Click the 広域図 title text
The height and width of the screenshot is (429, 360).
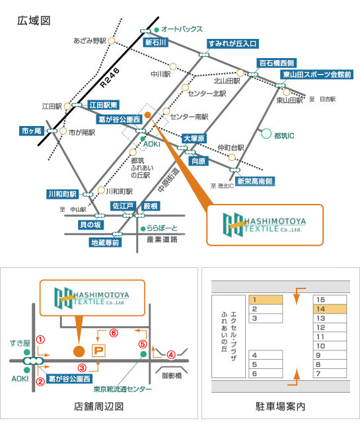(x=34, y=21)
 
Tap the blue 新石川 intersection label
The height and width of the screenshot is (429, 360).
(x=155, y=42)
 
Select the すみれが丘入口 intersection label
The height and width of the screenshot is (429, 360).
(x=233, y=44)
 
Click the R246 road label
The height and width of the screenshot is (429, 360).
(x=110, y=78)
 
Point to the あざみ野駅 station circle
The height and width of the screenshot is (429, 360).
(x=111, y=41)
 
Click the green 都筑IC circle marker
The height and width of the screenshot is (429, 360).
(x=266, y=133)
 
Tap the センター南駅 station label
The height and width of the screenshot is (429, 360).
(x=189, y=117)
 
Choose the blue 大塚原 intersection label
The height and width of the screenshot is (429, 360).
(x=194, y=139)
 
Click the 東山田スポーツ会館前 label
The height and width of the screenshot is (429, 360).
(x=317, y=75)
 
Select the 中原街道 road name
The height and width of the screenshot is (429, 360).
(x=168, y=180)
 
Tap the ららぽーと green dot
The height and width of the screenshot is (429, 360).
(x=143, y=229)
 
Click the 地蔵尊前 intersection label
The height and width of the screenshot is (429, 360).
(x=105, y=242)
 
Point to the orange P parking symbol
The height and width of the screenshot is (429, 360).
(x=98, y=350)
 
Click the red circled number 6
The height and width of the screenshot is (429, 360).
(x=114, y=333)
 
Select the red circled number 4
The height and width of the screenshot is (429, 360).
(x=171, y=355)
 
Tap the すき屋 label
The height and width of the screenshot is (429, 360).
(x=20, y=343)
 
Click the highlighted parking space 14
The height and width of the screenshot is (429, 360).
(x=330, y=309)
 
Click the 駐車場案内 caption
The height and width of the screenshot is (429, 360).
(x=281, y=407)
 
